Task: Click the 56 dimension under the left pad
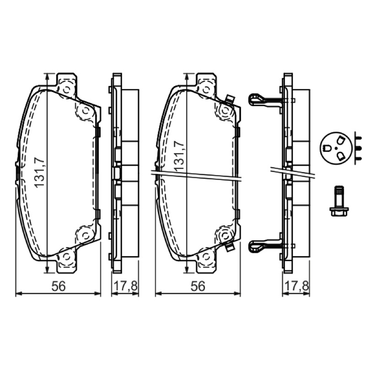(59, 286)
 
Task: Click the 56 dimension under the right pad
(198, 286)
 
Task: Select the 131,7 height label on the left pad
(39, 173)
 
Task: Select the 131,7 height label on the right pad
(179, 156)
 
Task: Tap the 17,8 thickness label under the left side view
(125, 286)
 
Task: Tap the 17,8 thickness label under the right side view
(296, 286)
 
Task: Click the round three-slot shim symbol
(336, 148)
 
